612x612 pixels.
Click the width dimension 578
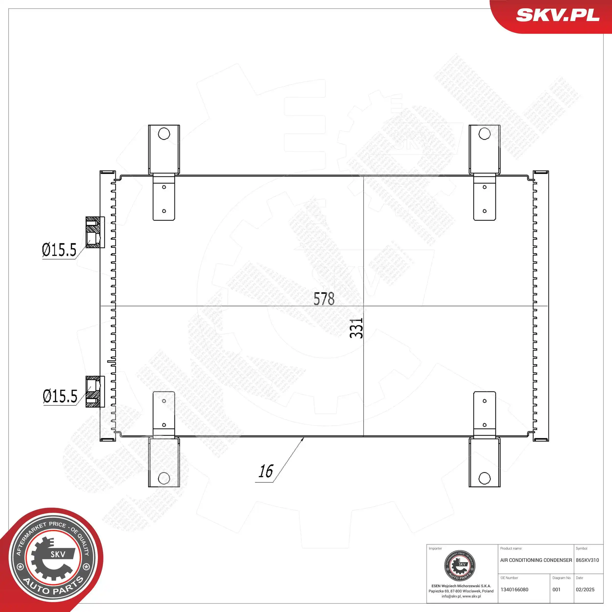pos(324,299)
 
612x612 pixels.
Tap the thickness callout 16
pos(265,471)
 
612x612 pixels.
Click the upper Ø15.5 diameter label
pos(59,250)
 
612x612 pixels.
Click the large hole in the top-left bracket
pos(164,134)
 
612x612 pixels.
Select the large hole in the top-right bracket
pos(484,134)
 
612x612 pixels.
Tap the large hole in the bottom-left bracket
pos(164,478)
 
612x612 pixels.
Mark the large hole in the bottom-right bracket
pos(484,478)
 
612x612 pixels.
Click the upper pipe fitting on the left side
pos(95,232)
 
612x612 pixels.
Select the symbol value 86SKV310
pos(587,560)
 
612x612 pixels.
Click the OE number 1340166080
pos(514,589)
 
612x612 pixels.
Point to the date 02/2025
pos(585,589)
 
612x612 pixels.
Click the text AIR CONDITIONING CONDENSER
pos(536,560)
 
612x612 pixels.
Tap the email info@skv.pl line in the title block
pos(461,596)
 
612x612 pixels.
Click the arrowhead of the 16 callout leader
pos(303,438)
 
